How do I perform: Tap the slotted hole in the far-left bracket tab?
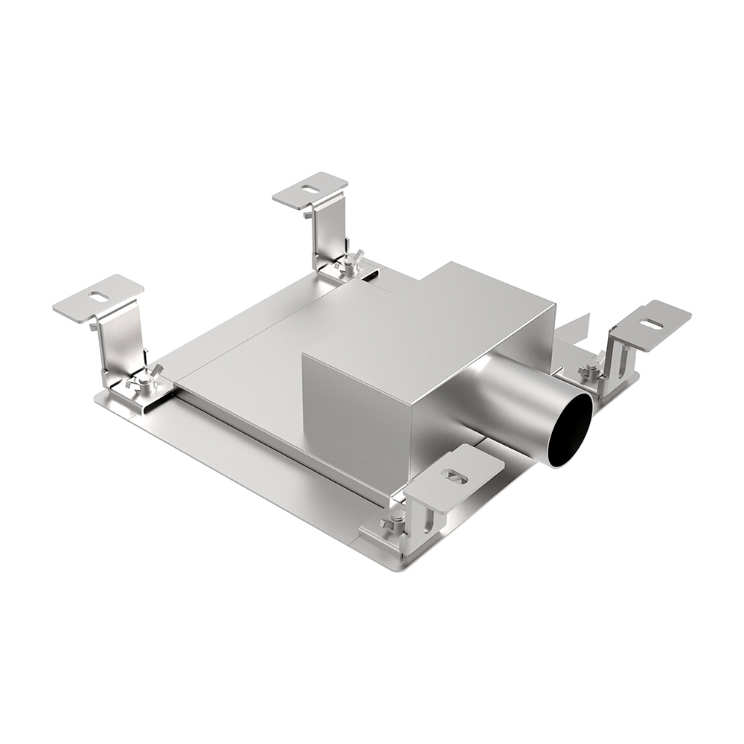98,295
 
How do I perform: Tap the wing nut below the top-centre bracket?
347,263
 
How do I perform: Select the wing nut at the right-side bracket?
591,368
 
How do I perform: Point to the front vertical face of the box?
357,417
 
